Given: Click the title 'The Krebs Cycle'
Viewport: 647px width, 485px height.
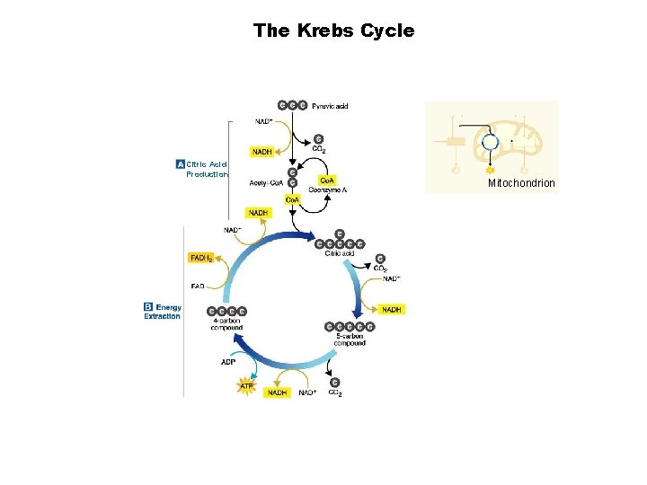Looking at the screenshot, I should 333,31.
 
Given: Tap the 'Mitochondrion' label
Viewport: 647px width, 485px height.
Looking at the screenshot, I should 521,183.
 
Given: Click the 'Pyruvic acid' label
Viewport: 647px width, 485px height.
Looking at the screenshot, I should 330,106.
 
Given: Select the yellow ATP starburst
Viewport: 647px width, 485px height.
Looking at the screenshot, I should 246,387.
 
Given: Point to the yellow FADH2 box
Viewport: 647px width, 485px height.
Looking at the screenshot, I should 201,258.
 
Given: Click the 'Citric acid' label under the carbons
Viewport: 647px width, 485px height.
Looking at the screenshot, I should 340,253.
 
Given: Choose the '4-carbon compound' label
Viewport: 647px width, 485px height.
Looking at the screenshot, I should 226,324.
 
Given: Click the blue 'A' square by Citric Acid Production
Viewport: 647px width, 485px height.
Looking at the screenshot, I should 181,164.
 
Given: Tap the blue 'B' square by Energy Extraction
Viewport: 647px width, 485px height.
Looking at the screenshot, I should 149,307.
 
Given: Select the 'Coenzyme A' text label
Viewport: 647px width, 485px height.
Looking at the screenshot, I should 329,189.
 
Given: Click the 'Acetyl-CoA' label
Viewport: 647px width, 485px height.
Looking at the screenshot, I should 267,184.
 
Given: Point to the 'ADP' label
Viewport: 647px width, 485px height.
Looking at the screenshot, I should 228,362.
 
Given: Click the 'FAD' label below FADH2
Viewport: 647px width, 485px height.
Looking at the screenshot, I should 198,287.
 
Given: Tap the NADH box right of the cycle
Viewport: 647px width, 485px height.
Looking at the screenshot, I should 392,309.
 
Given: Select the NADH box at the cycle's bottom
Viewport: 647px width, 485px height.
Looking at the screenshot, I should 277,392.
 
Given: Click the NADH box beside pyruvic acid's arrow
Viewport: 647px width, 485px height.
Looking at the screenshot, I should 262,152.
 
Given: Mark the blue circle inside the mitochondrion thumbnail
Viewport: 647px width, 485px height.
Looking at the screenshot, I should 491,142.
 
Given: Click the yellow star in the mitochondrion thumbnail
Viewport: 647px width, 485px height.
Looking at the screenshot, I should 491,168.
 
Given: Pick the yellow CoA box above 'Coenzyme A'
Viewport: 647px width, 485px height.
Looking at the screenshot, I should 329,178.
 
